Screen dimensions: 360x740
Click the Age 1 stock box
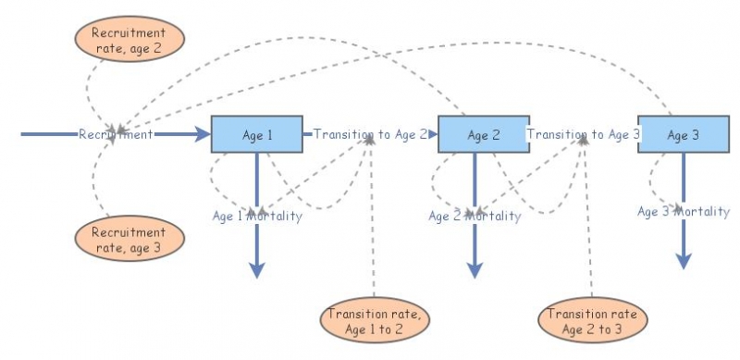(256, 134)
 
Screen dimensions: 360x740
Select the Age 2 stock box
(482, 135)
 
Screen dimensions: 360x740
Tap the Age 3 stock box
(682, 135)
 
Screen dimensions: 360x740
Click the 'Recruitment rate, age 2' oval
(129, 37)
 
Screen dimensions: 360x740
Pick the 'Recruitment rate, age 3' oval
(129, 239)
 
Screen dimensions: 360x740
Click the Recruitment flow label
(116, 135)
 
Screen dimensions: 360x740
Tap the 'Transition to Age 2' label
(370, 134)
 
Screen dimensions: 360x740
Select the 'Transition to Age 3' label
(584, 134)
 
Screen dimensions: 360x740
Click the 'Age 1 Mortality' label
(257, 216)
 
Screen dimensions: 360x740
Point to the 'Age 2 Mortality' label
(475, 216)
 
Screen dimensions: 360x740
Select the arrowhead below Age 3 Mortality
(683, 261)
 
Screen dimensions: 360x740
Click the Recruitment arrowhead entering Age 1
(203, 135)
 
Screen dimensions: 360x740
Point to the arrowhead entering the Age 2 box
(432, 135)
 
